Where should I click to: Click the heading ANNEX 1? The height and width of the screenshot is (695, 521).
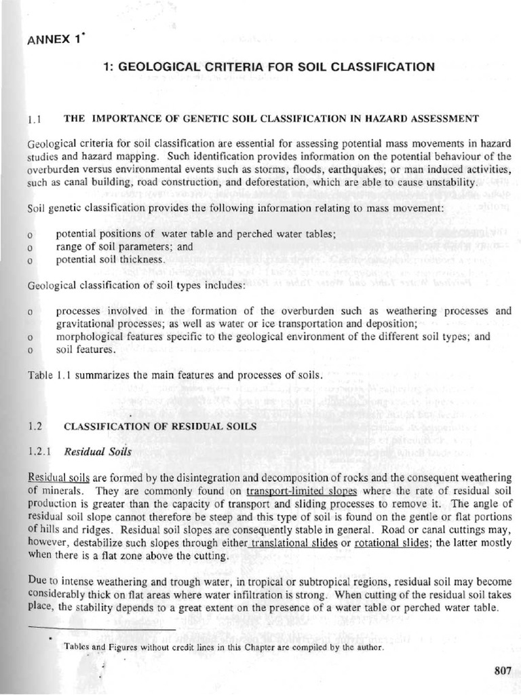point(55,39)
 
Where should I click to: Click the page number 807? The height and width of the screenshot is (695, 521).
point(503,670)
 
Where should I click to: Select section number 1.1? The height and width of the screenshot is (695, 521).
point(36,119)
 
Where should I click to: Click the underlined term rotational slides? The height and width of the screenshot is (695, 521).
point(387,542)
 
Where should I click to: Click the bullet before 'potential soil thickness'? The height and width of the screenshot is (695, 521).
point(31,260)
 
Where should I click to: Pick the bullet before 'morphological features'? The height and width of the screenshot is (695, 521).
point(31,337)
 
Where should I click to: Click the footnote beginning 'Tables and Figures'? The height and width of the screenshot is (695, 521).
point(224,647)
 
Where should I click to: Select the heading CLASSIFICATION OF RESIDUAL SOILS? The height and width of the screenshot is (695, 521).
point(160,426)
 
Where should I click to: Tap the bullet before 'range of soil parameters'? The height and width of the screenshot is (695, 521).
point(31,248)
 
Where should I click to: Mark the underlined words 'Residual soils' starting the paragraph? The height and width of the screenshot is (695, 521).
point(56,478)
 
